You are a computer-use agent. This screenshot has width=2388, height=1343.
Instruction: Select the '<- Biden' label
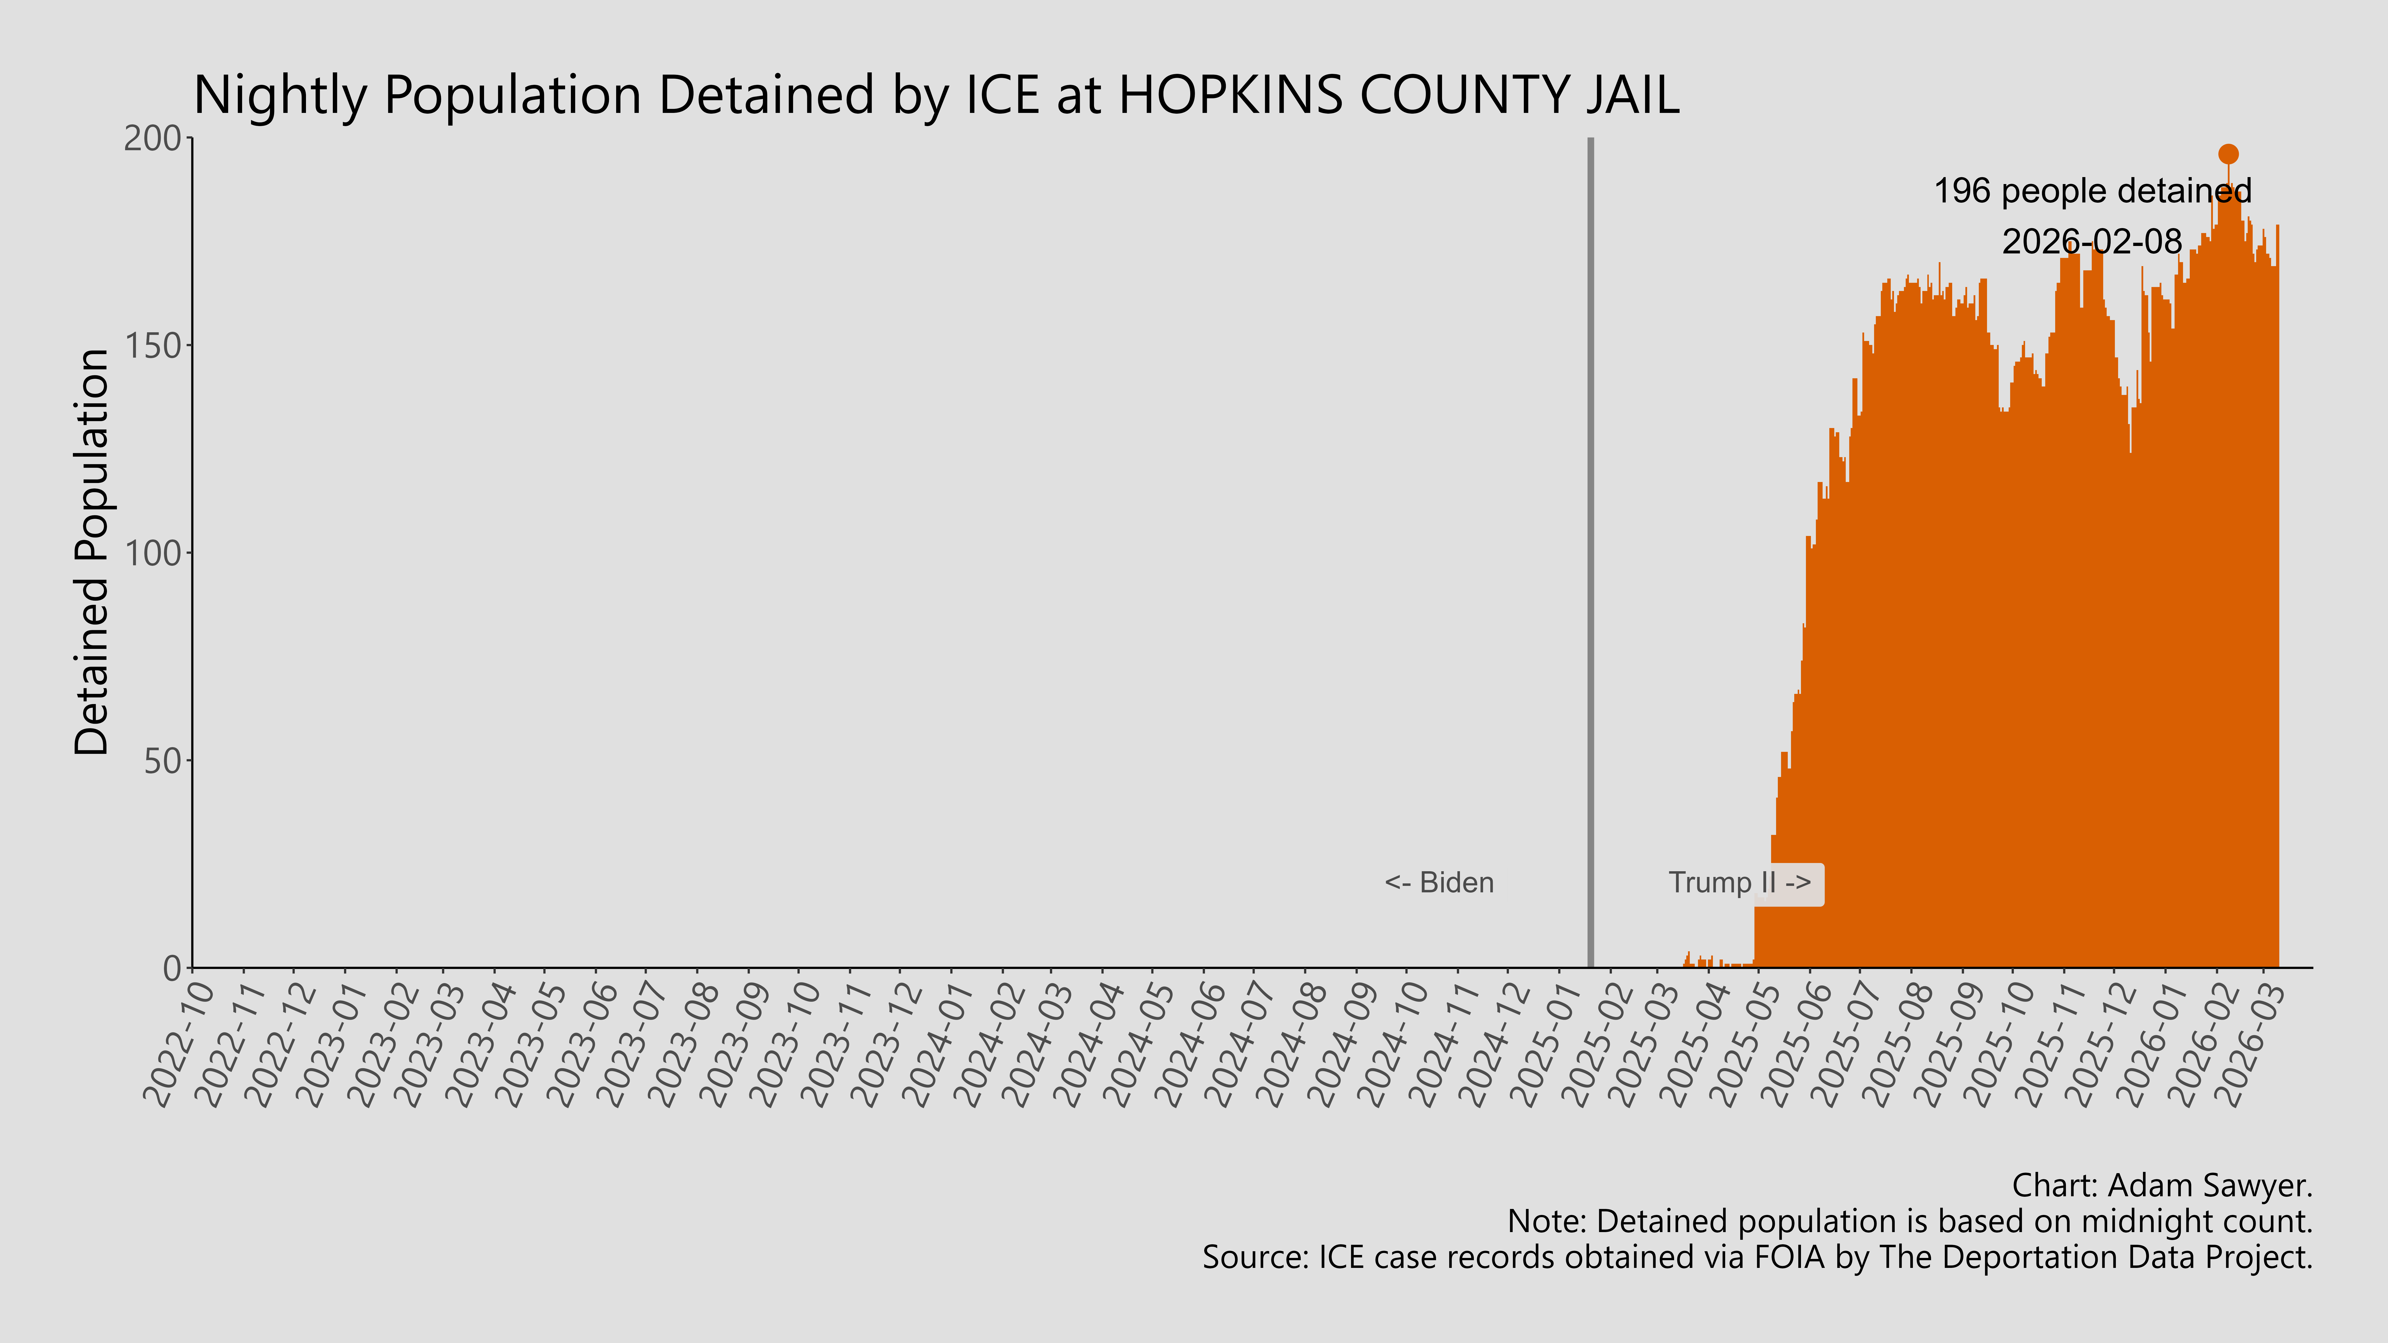pos(1439,882)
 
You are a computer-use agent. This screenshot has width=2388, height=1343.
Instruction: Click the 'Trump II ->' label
pos(1739,882)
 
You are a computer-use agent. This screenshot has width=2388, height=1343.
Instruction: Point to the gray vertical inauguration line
pos(1591,556)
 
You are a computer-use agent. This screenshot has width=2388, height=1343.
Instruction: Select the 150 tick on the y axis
pos(153,346)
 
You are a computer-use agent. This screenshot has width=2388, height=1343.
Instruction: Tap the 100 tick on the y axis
pos(153,553)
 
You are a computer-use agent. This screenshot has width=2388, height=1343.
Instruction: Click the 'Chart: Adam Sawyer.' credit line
pos(2162,1185)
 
